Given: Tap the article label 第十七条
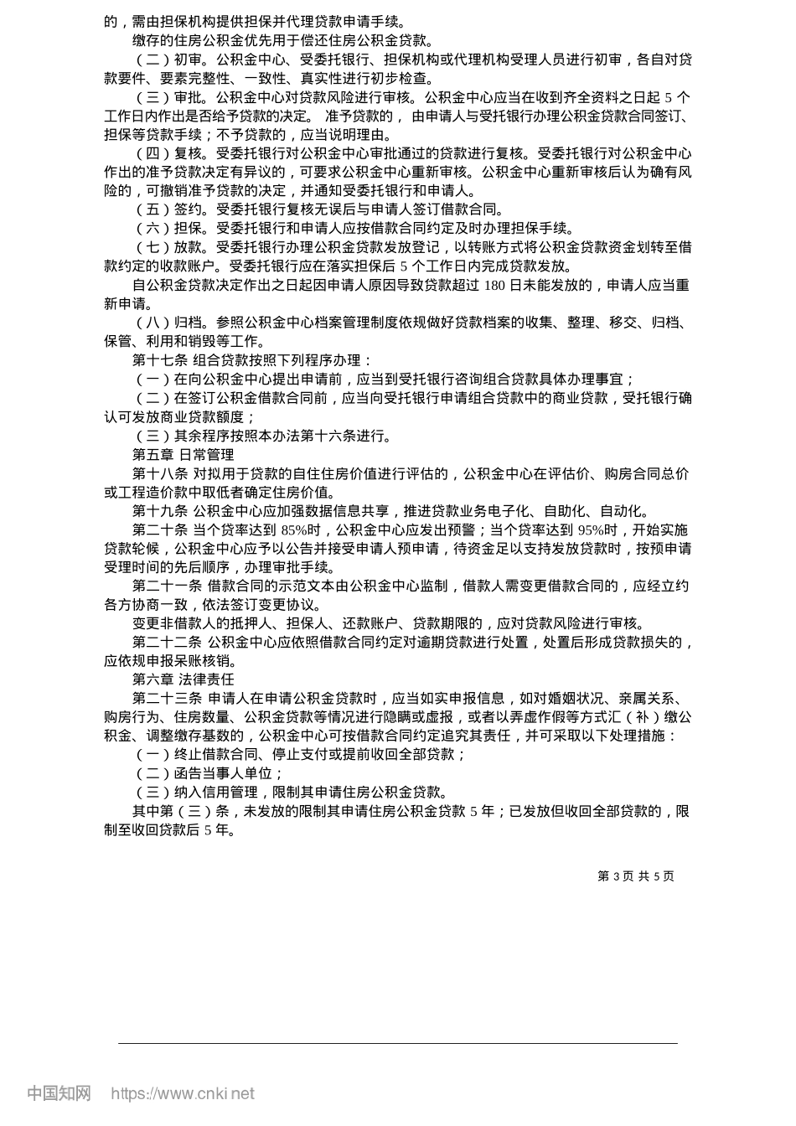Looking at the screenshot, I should point(160,361).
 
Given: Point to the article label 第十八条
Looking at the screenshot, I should point(160,474).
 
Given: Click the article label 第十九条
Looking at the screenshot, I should point(160,511).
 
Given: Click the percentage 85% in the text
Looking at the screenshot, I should point(295,530).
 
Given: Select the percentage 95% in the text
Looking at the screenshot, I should point(592,530).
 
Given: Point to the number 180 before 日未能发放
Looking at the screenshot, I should point(496,286).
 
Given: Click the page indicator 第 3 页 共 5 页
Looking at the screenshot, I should point(635,876).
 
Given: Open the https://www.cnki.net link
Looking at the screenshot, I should point(183,1093).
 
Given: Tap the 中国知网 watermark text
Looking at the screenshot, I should point(59,1093).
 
